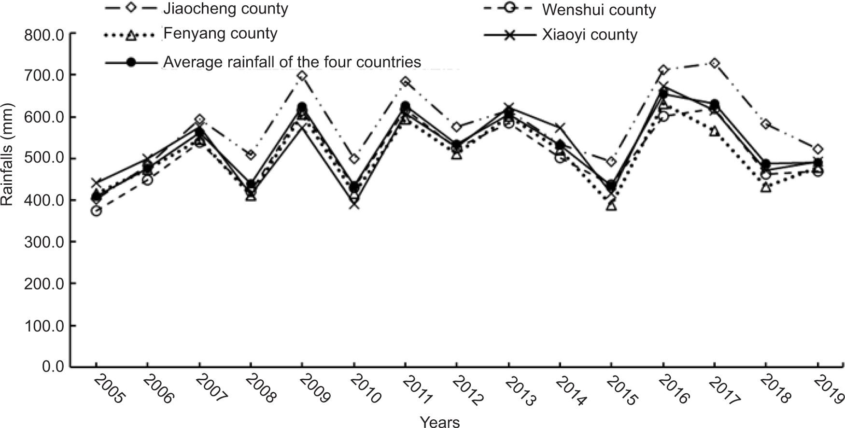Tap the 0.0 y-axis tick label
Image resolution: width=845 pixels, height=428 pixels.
pyautogui.click(x=53, y=367)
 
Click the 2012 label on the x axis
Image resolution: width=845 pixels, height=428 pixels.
pyautogui.click(x=467, y=390)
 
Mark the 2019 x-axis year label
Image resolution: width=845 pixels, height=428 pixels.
pyautogui.click(x=828, y=390)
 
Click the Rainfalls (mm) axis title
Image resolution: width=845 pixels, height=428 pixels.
pyautogui.click(x=7, y=155)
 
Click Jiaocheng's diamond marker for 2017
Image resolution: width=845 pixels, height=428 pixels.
pyautogui.click(x=714, y=64)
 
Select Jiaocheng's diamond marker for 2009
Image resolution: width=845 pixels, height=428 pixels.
pyautogui.click(x=302, y=76)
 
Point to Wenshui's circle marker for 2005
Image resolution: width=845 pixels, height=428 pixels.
pyautogui.click(x=96, y=211)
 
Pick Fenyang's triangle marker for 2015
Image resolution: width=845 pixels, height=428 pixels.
pyautogui.click(x=611, y=206)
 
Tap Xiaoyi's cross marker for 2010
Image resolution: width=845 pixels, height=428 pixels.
pyautogui.click(x=354, y=204)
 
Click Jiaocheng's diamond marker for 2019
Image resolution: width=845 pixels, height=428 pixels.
pyautogui.click(x=817, y=150)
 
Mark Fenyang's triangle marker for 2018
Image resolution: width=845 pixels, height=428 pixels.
pyautogui.click(x=766, y=187)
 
